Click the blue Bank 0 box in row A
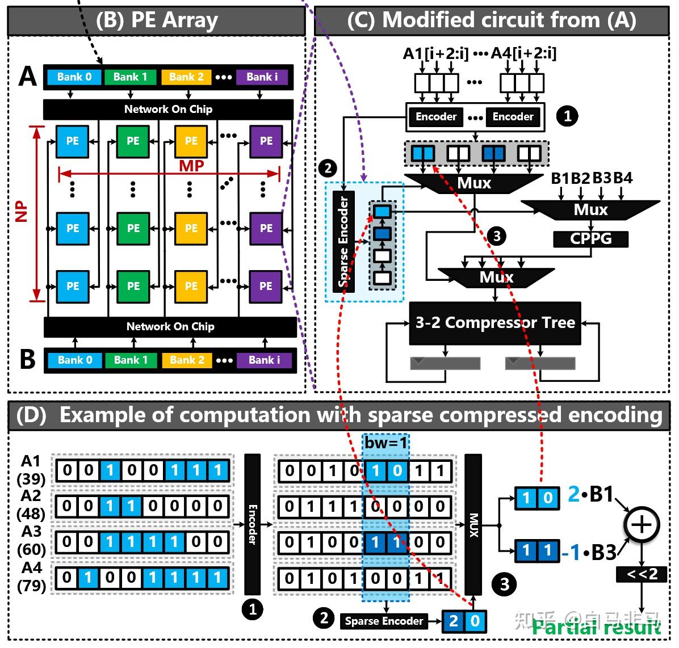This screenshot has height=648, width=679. [x=74, y=77]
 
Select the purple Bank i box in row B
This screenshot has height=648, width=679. [x=264, y=360]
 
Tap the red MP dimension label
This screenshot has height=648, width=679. [x=191, y=166]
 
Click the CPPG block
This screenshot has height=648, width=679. [x=590, y=239]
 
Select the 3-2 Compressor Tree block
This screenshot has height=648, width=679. [x=494, y=323]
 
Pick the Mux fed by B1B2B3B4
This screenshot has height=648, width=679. [x=590, y=210]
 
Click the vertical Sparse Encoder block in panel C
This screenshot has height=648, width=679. [x=343, y=241]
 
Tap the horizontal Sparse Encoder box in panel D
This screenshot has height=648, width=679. [x=384, y=621]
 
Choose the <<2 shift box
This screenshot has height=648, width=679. [x=642, y=575]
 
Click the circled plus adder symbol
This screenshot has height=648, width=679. [x=642, y=524]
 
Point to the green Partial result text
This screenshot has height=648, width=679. [x=596, y=627]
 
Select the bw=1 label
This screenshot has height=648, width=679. [x=386, y=443]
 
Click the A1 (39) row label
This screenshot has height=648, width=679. [x=31, y=470]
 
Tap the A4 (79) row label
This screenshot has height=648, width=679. [x=32, y=576]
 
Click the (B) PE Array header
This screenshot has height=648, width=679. [x=157, y=20]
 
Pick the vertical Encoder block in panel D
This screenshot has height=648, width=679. [x=252, y=524]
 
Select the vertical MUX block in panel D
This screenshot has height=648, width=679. [x=473, y=524]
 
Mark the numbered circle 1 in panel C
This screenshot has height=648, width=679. [x=567, y=116]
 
